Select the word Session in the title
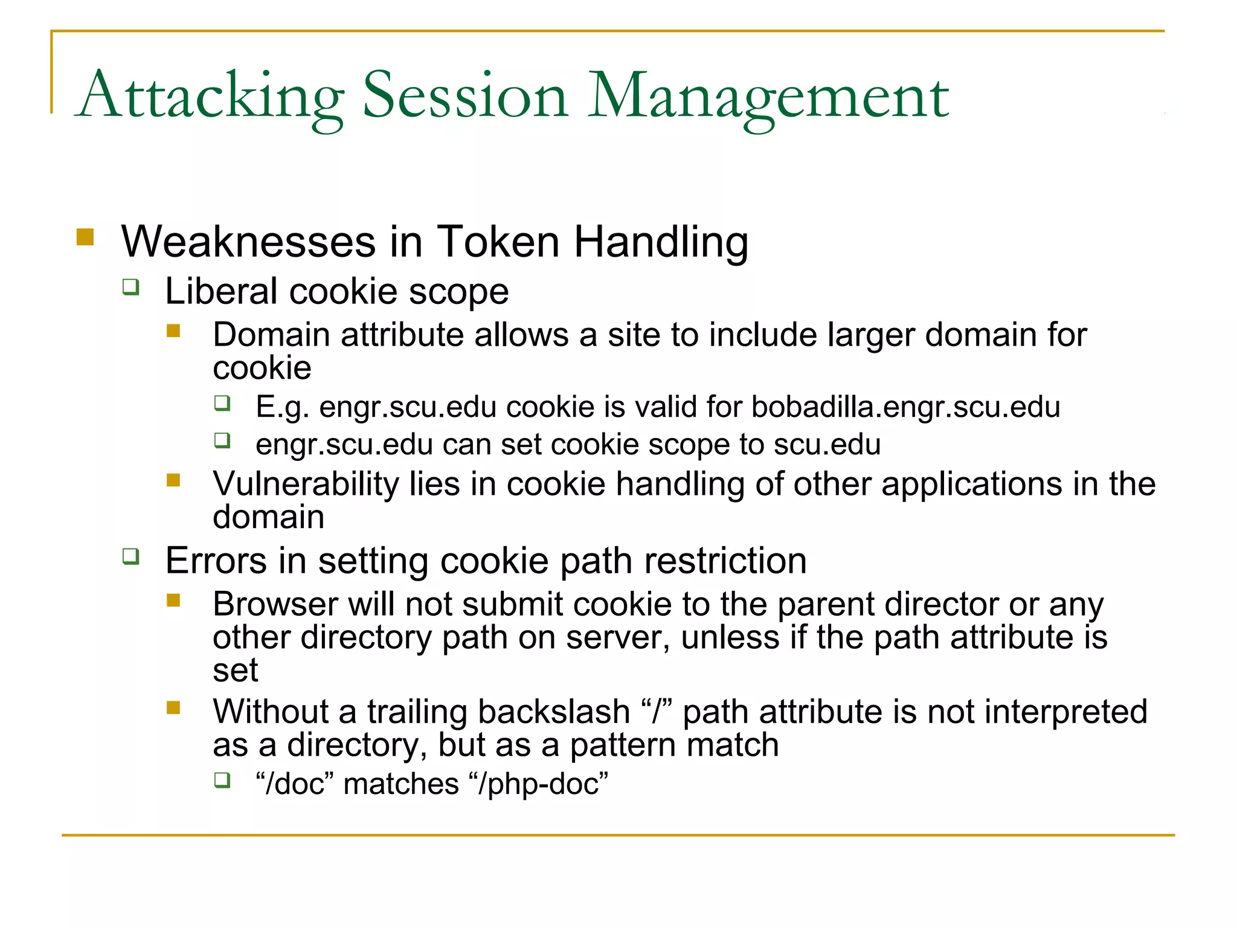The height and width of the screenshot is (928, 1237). pyautogui.click(x=465, y=97)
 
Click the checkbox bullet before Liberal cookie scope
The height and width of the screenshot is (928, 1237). pyautogui.click(x=130, y=286)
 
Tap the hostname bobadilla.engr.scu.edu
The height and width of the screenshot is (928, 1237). pyautogui.click(x=905, y=407)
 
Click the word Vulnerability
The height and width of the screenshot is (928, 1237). pyautogui.click(x=306, y=484)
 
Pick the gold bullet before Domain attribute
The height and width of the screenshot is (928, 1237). pyautogui.click(x=174, y=330)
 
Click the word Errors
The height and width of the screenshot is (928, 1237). pyautogui.click(x=216, y=561)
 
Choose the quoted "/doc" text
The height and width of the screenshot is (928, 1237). pyautogui.click(x=295, y=784)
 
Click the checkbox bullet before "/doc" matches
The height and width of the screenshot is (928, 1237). pyautogui.click(x=222, y=780)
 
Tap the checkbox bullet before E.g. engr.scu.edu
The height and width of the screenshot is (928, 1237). pyautogui.click(x=222, y=403)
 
